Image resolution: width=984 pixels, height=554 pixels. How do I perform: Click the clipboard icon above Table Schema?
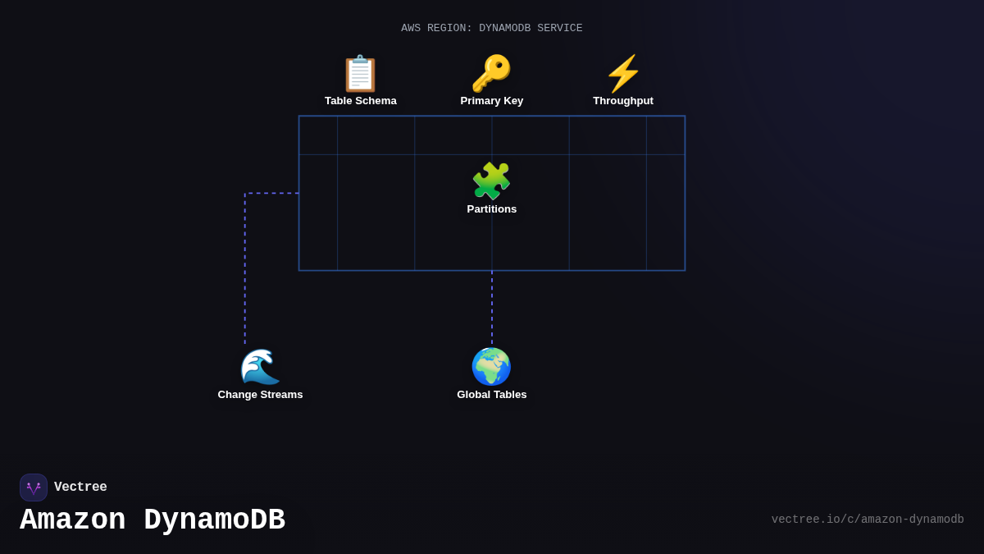360,74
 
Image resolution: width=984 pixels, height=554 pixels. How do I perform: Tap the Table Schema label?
360,101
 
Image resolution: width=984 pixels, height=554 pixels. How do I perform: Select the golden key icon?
491,74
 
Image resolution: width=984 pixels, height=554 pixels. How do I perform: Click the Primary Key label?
491,101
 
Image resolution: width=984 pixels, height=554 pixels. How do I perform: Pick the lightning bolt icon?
623,74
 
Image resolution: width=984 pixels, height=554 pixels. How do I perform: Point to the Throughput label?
623,101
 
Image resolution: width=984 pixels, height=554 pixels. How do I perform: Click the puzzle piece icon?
491,181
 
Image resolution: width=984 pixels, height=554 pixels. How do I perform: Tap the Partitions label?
491,209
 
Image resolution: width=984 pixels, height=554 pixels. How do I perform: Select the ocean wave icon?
260,367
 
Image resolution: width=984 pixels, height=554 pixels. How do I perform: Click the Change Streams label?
260,395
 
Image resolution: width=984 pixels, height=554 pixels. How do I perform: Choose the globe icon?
491,367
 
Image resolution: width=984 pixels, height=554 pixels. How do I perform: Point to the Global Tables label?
491,395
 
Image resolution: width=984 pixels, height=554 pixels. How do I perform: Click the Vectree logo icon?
34,488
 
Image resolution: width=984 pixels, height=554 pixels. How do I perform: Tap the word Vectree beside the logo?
80,488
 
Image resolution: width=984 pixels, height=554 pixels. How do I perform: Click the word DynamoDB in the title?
214,520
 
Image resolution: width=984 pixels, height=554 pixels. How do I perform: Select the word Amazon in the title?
72,520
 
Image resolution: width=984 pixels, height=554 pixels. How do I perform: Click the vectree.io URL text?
867,520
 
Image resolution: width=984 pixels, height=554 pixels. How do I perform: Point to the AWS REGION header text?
491,29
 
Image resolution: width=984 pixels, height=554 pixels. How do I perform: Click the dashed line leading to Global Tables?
492,308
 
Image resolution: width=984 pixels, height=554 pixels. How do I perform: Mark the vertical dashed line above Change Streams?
244,271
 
